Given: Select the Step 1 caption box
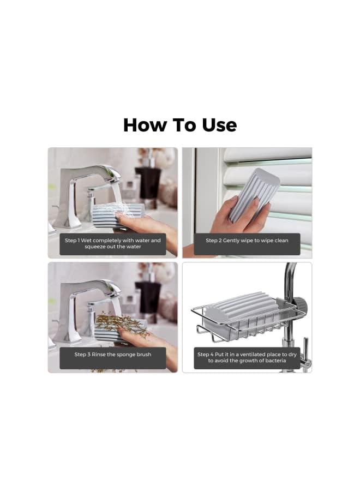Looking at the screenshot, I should click(x=112, y=243).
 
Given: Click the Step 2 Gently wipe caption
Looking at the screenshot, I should click(x=247, y=241).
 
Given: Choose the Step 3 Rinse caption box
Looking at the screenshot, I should click(x=112, y=355).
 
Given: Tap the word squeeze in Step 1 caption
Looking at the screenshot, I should click(x=97, y=247).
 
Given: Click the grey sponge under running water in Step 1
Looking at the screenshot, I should click(x=117, y=214).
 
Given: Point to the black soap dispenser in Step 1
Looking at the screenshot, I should click(x=148, y=183).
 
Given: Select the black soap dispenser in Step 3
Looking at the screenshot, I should click(x=148, y=297).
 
